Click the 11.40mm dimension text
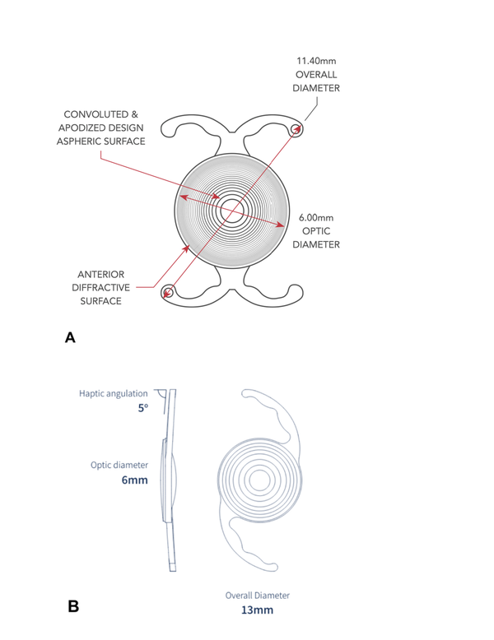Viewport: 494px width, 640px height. click(316, 61)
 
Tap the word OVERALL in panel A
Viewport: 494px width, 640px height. click(316, 75)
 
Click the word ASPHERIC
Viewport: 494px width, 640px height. click(78, 141)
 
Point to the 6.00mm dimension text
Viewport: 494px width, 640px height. click(316, 217)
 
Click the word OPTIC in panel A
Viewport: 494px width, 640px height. click(316, 231)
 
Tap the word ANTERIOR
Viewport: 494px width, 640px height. click(101, 274)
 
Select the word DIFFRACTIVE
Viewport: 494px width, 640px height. click(101, 288)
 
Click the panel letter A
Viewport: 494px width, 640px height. click(70, 338)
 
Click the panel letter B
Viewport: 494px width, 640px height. click(73, 606)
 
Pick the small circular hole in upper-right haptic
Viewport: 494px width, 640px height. click(296, 130)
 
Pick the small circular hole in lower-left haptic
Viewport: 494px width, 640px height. click(167, 292)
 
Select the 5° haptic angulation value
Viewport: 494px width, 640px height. click(143, 408)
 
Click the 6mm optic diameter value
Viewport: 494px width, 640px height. click(134, 480)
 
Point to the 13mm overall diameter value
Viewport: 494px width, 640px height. click(257, 610)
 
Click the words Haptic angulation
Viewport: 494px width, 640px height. click(114, 394)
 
